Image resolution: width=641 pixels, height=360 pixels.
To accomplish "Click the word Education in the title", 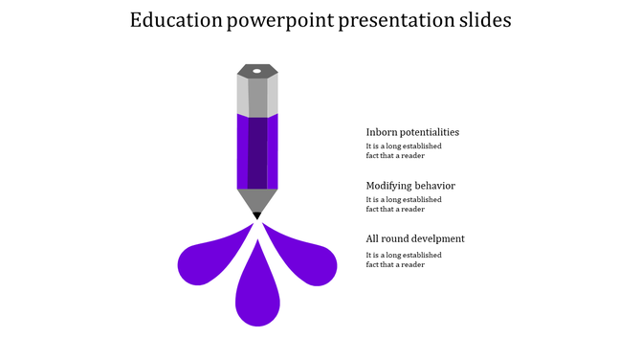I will [x=175, y=21].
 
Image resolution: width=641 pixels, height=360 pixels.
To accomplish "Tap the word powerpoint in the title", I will [x=279, y=21].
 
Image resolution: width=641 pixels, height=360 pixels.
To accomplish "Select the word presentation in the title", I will [x=391, y=21].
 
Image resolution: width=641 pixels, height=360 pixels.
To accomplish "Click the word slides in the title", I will [x=481, y=21].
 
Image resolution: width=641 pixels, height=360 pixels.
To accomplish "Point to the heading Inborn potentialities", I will [x=412, y=132].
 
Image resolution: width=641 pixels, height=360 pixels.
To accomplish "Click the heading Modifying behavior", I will [x=410, y=186].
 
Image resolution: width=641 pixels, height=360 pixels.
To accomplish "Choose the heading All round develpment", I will [x=415, y=238].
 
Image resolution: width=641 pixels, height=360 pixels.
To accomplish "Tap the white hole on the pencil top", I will [x=256, y=71].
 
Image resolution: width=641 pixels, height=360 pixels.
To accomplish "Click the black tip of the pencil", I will [x=257, y=216].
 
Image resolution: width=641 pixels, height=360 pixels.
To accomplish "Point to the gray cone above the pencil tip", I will [x=257, y=199].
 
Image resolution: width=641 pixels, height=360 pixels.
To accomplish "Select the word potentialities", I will [x=430, y=132].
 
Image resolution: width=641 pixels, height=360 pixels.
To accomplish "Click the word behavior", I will [x=434, y=186].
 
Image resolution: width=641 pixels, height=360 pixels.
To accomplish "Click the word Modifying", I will [x=388, y=186].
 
